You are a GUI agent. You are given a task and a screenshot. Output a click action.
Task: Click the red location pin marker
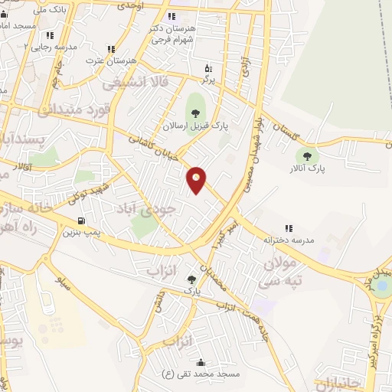(x=197, y=179)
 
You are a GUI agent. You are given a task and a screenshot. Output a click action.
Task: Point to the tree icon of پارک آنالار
(x=307, y=156)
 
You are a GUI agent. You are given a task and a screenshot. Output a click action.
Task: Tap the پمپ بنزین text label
(x=81, y=231)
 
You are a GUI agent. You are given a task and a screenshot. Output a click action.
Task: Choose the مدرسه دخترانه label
(x=289, y=240)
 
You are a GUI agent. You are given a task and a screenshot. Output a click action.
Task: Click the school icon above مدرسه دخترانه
(x=289, y=228)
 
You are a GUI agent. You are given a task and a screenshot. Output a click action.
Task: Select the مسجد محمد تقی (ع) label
(x=201, y=374)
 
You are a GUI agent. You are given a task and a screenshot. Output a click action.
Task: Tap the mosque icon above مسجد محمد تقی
(x=201, y=362)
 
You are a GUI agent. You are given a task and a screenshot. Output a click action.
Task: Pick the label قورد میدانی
(x=74, y=109)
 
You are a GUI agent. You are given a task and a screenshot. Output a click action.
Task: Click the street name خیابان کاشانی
(x=155, y=145)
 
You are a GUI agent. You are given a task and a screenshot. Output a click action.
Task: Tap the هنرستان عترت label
(x=110, y=60)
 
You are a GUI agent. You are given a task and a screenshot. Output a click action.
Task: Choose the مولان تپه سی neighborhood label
(x=285, y=272)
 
